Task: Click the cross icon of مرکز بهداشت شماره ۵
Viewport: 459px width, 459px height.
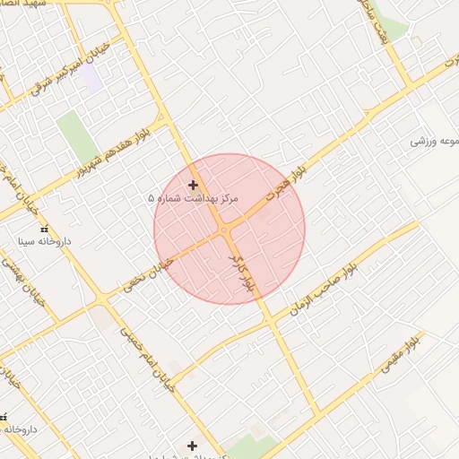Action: click(193, 185)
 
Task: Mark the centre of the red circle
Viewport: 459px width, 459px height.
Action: click(229, 229)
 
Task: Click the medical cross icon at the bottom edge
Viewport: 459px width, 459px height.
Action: click(192, 445)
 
